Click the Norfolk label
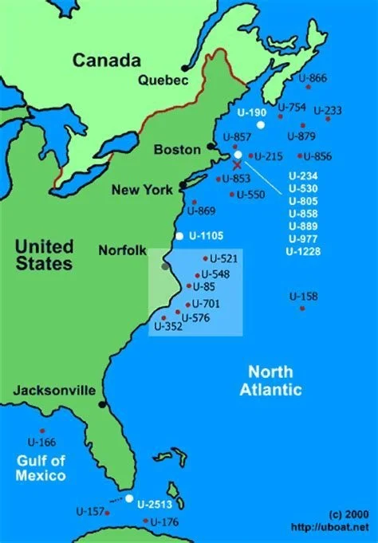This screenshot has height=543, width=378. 122,250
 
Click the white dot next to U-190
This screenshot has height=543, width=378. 260,125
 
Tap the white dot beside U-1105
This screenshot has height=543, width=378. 179,236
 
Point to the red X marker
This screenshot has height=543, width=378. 236,163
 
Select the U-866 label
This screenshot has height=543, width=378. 313,77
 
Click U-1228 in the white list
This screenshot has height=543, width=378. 302,252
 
